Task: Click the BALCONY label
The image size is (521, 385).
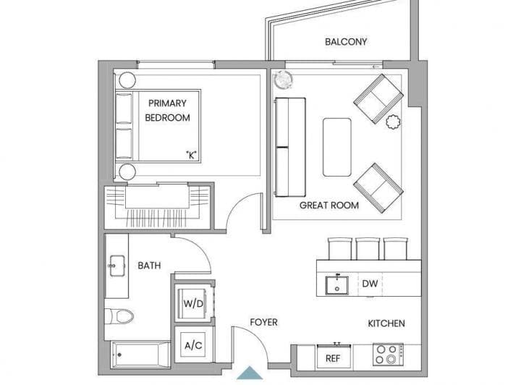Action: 346,42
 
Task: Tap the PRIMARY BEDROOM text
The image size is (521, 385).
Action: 167,110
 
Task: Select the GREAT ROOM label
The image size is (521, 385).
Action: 329,206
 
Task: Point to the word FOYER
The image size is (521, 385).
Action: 264,322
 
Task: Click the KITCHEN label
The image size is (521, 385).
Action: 386,323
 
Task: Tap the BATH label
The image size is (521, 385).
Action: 149,266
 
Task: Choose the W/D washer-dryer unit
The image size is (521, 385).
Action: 193,304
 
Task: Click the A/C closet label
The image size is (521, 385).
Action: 193,345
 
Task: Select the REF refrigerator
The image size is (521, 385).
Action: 334,356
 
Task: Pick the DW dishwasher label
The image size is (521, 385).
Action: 370,284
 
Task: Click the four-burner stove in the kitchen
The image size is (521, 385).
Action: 388,355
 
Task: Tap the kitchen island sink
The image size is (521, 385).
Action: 337,285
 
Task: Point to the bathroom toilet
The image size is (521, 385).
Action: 119,316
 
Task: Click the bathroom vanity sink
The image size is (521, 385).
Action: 117,266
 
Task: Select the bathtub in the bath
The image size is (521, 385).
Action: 140,355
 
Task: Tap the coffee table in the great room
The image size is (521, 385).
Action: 337,147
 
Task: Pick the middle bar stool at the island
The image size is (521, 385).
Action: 368,248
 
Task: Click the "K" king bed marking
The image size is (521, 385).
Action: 191,154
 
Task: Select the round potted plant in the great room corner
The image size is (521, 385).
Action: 283,80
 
